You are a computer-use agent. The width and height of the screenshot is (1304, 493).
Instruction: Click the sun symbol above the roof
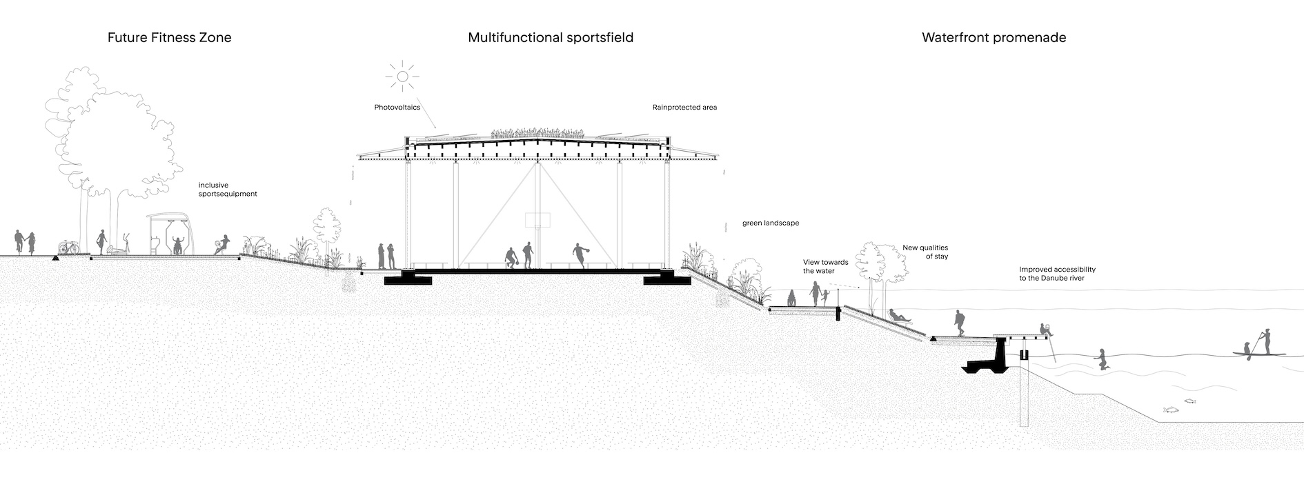click(x=402, y=75)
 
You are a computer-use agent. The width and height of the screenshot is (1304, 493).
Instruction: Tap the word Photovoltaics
click(x=397, y=108)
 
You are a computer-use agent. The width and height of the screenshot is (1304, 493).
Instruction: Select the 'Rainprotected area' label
click(x=684, y=108)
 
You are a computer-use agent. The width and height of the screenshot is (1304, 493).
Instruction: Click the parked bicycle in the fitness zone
click(x=68, y=247)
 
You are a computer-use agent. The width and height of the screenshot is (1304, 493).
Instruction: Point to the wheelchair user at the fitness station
click(x=179, y=245)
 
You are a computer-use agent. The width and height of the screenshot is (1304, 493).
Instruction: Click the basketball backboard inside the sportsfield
click(x=535, y=220)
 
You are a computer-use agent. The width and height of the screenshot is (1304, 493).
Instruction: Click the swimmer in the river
click(x=1102, y=360)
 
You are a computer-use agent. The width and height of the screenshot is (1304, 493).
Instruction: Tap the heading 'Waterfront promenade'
click(x=994, y=38)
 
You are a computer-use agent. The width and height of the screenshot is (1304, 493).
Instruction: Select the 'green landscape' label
click(x=771, y=223)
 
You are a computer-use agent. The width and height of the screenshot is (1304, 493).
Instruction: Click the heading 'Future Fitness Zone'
click(x=169, y=38)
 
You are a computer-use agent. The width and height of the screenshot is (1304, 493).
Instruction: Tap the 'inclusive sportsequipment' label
click(x=228, y=190)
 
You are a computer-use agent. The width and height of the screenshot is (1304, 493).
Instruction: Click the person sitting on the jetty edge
click(x=1046, y=330)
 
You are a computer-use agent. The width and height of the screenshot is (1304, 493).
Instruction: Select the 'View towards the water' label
click(x=825, y=267)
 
